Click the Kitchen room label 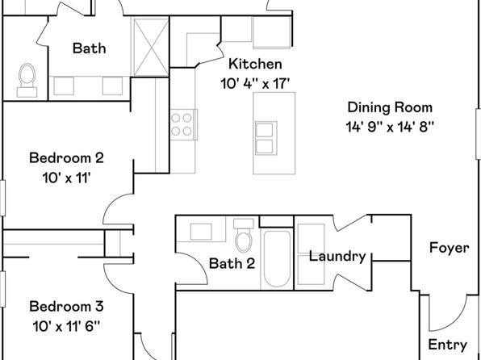click(x=255, y=64)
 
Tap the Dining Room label click(x=390, y=107)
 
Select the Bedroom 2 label click(x=66, y=158)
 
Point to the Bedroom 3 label click(x=66, y=306)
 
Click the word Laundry click(x=337, y=257)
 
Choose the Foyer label click(x=449, y=248)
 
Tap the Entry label click(x=448, y=345)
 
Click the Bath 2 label click(x=232, y=264)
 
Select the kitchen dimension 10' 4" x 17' click(x=255, y=83)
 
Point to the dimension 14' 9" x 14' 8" click(x=390, y=127)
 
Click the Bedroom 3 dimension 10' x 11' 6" click(x=66, y=326)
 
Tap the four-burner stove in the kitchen click(x=183, y=124)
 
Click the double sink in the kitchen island click(x=266, y=138)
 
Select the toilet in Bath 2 click(x=244, y=236)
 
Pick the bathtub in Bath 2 click(x=277, y=259)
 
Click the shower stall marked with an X click(x=151, y=47)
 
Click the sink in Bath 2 click(x=201, y=232)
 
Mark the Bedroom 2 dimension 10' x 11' click(x=66, y=178)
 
